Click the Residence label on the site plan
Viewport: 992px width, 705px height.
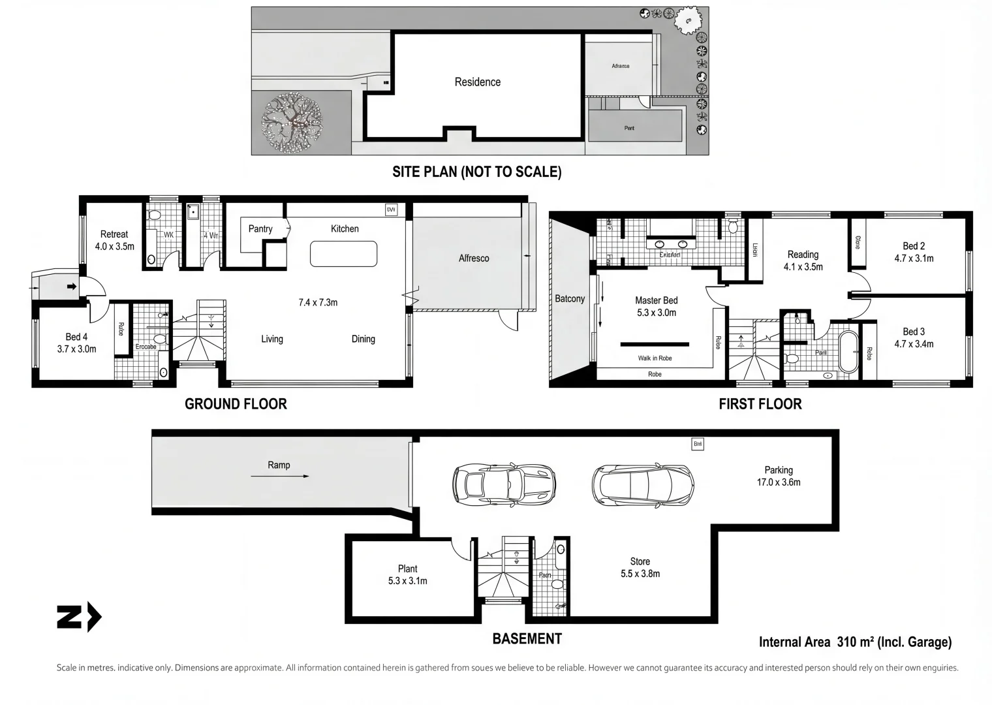(x=477, y=82)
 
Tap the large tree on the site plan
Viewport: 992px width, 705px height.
(x=292, y=121)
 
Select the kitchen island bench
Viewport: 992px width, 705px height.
(x=343, y=254)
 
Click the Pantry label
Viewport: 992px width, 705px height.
(x=260, y=228)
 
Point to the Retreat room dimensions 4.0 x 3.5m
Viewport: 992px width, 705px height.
(x=114, y=247)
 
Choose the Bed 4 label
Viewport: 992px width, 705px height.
(x=76, y=337)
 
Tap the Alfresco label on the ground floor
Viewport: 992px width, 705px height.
(x=473, y=258)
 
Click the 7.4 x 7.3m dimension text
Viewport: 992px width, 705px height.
(x=318, y=302)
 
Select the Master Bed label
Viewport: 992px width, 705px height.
(x=656, y=300)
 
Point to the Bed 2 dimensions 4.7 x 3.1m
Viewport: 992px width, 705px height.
(x=914, y=258)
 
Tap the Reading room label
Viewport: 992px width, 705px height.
(x=803, y=255)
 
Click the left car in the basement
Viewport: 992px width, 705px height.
(x=503, y=484)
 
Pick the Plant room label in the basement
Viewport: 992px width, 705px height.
(x=407, y=569)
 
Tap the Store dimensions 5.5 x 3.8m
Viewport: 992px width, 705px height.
(x=640, y=574)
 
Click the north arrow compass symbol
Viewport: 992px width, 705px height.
(x=79, y=617)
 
